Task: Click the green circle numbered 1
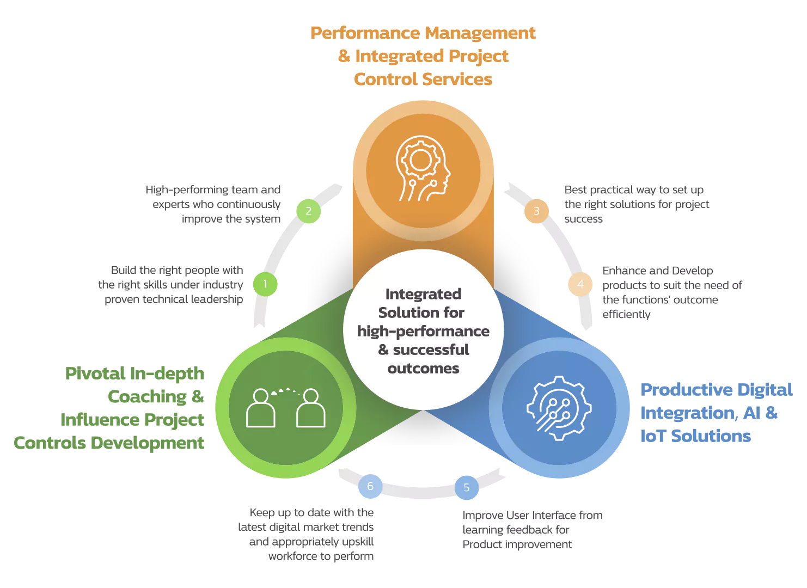click(265, 284)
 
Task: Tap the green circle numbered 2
click(309, 211)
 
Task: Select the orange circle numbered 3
click(536, 211)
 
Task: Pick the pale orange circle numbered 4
click(580, 284)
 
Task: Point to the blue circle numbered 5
click(467, 487)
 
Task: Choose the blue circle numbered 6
click(370, 486)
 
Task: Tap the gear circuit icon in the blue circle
click(559, 408)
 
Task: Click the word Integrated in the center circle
click(423, 294)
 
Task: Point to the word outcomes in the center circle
click(423, 369)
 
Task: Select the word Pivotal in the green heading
click(95, 373)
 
